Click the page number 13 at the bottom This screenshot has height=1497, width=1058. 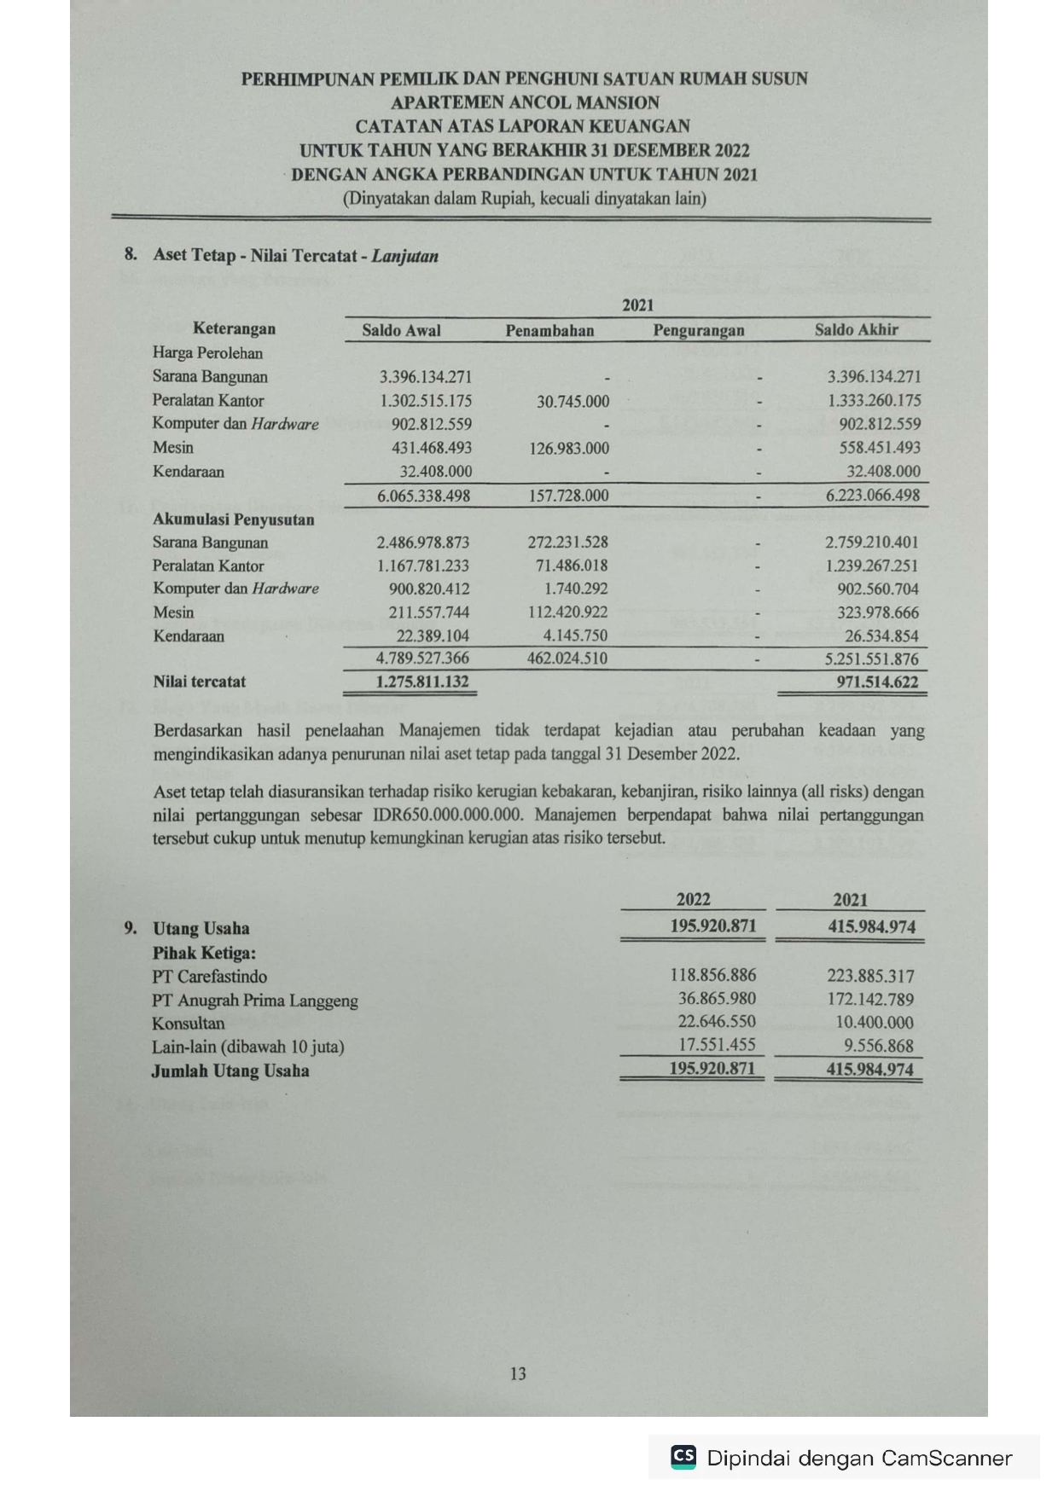pyautogui.click(x=518, y=1373)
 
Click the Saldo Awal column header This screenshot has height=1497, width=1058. pyautogui.click(x=401, y=331)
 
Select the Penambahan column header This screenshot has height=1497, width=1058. pyautogui.click(x=549, y=331)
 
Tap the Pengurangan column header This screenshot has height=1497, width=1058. pyautogui.click(x=699, y=331)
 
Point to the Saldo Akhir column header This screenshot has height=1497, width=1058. pyautogui.click(x=856, y=330)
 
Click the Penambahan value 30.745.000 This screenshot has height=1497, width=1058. pyautogui.click(x=573, y=401)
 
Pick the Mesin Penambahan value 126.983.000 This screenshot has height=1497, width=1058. pyautogui.click(x=569, y=448)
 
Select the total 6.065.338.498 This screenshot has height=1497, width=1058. pyautogui.click(x=424, y=496)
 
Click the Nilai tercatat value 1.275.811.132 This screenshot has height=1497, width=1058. pyautogui.click(x=422, y=682)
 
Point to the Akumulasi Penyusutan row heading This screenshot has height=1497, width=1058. pyautogui.click(x=233, y=519)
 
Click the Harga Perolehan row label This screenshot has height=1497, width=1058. pyautogui.click(x=207, y=353)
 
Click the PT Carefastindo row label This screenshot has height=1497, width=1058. pyautogui.click(x=209, y=977)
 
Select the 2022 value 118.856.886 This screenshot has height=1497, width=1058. pyautogui.click(x=712, y=975)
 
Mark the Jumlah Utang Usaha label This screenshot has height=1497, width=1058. pyautogui.click(x=230, y=1071)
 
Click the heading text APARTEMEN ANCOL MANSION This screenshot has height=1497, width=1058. pyautogui.click(x=525, y=102)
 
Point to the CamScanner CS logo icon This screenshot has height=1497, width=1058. pyautogui.click(x=683, y=1456)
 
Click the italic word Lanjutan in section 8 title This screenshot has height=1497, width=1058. pyautogui.click(x=404, y=256)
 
